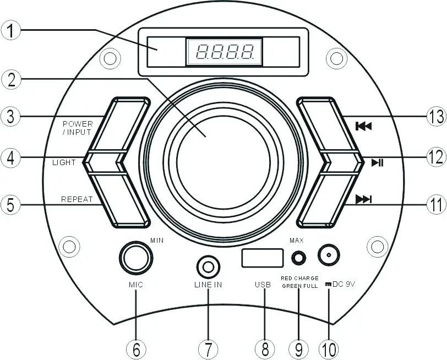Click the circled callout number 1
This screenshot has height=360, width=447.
pos(10,29)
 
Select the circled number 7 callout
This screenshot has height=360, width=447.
pos(208,348)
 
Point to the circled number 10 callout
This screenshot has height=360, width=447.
pos(330,348)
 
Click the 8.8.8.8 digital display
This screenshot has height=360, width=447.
pos(225,52)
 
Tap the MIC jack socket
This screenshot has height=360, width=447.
pos(135,258)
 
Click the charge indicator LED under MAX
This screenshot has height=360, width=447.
pos(298,257)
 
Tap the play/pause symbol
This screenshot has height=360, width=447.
pos(378,162)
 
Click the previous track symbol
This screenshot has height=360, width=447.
pos(364,126)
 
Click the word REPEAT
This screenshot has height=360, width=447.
pos(77,199)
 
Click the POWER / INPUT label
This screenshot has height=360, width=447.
pos(78,128)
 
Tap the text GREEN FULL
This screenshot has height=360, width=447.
pos(299,286)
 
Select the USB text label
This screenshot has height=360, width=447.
pos(263,285)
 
